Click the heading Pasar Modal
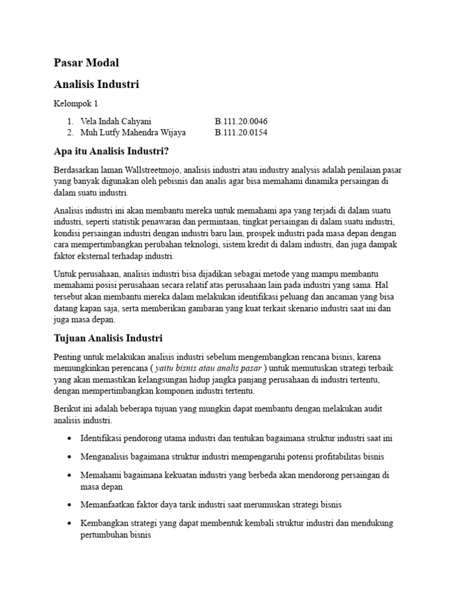tap(86, 62)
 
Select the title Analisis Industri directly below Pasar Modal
tap(96, 84)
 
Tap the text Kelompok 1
tap(76, 104)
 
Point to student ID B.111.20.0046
tap(241, 121)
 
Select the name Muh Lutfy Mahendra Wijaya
tap(132, 132)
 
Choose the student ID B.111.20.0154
tap(241, 132)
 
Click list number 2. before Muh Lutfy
tap(70, 132)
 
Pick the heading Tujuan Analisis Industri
tap(108, 338)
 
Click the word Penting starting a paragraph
tap(67, 357)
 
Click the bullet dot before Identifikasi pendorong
tap(70, 439)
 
